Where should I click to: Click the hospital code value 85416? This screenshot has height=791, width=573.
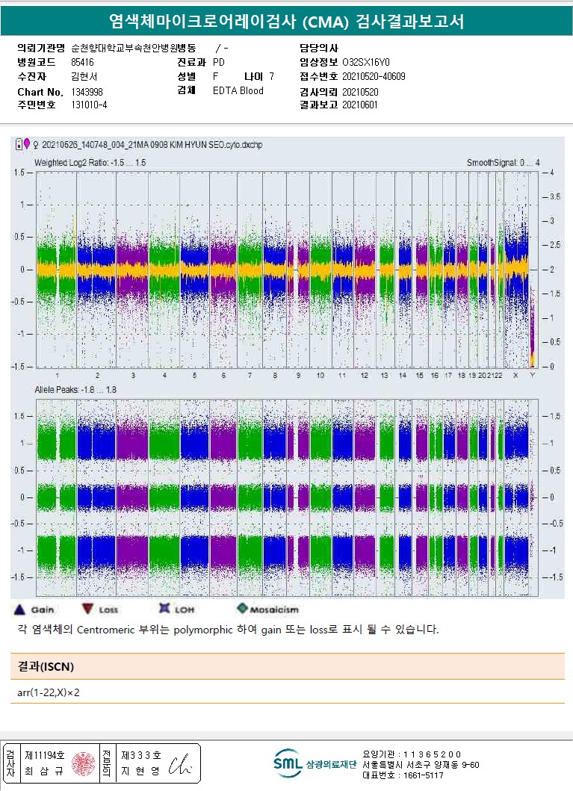(x=82, y=62)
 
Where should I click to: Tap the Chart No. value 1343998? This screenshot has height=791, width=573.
(x=87, y=91)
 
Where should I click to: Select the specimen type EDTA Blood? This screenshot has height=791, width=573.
(x=238, y=90)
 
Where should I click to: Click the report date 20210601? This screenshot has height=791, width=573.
(x=360, y=105)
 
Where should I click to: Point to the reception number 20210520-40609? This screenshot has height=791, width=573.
(x=374, y=76)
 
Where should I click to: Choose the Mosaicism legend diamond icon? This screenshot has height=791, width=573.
(x=242, y=609)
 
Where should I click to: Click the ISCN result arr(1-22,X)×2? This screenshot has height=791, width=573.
(x=49, y=692)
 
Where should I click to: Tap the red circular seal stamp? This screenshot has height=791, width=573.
(x=81, y=763)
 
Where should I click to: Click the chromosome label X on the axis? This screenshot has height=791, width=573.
(x=515, y=375)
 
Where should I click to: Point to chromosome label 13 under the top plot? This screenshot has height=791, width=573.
(x=383, y=375)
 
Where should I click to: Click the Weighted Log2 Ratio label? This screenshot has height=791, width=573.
(x=90, y=162)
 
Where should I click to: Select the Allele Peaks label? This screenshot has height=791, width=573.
(x=75, y=390)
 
